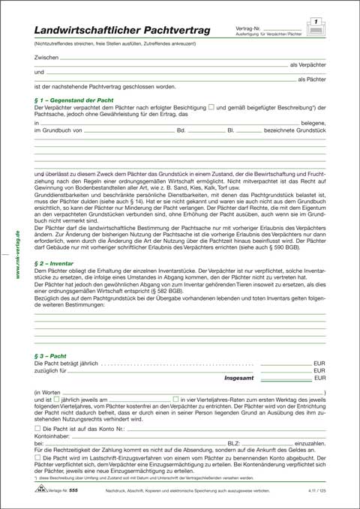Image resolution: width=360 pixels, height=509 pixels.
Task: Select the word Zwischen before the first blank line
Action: click(x=46, y=57)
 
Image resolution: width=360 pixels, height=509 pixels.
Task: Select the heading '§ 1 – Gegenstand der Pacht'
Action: click(x=73, y=100)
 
